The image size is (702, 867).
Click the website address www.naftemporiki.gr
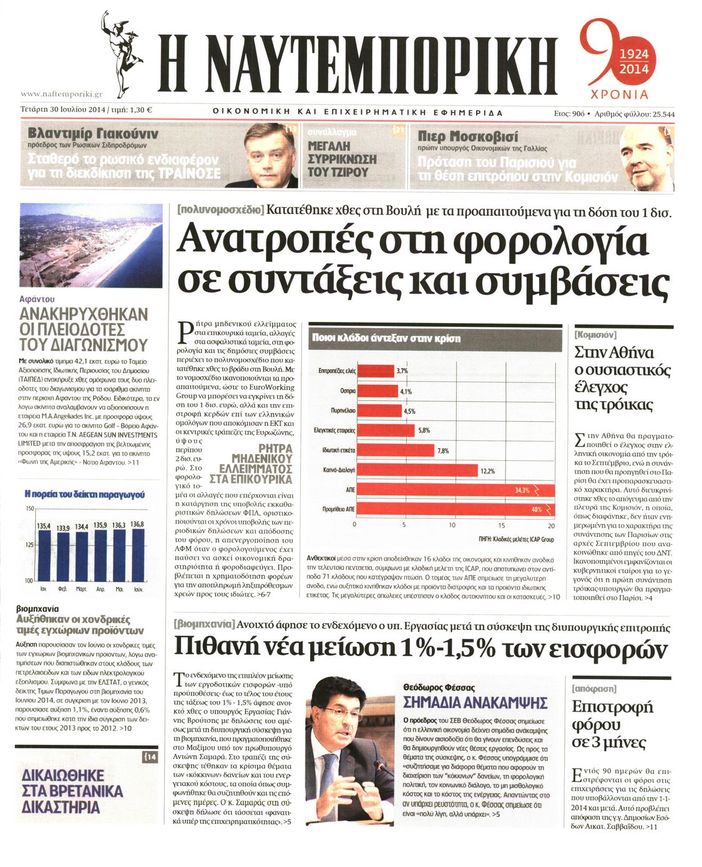coord(61,94)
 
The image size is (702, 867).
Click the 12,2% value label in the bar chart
coord(487,471)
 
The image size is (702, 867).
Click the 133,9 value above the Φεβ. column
coord(64,528)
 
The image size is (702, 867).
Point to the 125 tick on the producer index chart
coord(29,545)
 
